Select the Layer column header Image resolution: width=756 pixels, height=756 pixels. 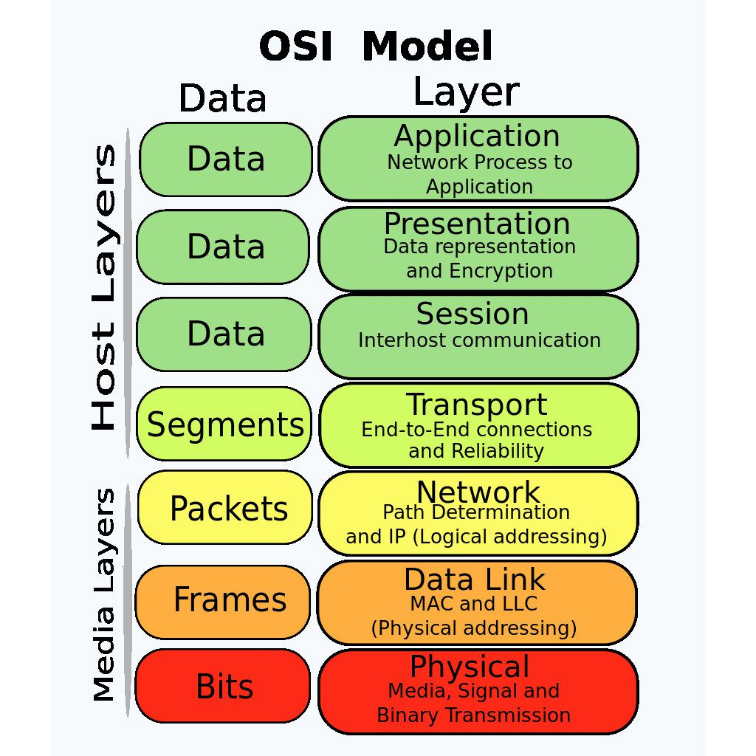pyautogui.click(x=466, y=94)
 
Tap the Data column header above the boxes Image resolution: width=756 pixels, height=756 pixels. pyautogui.click(x=222, y=99)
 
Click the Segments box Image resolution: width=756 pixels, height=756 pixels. pyautogui.click(x=225, y=425)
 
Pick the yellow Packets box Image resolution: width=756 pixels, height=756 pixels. pyautogui.click(x=227, y=509)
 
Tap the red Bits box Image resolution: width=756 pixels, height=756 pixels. pyautogui.click(x=224, y=687)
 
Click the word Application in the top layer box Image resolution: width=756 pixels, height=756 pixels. pyautogui.click(x=477, y=137)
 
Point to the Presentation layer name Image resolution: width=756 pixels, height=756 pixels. pyautogui.click(x=477, y=224)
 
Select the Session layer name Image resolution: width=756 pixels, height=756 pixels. pyautogui.click(x=472, y=314)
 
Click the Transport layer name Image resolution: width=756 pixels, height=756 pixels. pyautogui.click(x=477, y=405)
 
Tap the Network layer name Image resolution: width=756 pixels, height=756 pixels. pyautogui.click(x=478, y=492)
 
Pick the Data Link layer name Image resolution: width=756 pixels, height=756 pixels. pyautogui.click(x=475, y=579)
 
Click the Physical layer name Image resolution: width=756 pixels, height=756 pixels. pyautogui.click(x=470, y=667)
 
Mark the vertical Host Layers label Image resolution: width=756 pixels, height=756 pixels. pyautogui.click(x=104, y=288)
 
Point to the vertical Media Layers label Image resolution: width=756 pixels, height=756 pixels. pyautogui.click(x=105, y=595)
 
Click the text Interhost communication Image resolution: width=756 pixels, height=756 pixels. pyautogui.click(x=479, y=340)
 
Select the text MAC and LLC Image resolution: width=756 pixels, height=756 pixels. pyautogui.click(x=473, y=604)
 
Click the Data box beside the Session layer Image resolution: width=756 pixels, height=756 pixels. pyautogui.click(x=225, y=334)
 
